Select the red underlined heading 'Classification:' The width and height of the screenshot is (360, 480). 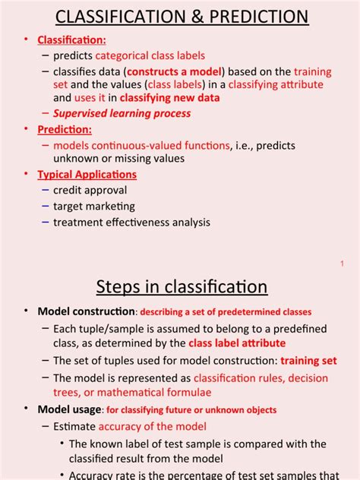click(74, 39)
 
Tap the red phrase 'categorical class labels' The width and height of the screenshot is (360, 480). click(150, 55)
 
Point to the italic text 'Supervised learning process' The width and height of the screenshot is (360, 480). click(122, 113)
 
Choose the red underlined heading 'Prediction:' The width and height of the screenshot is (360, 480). click(65, 129)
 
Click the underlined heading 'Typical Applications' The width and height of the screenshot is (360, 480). click(87, 174)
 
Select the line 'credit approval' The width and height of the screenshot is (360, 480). click(90, 190)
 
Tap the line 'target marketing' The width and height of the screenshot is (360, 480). click(93, 206)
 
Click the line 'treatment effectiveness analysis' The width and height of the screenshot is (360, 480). click(131, 222)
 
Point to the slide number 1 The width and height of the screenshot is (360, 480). click(343, 263)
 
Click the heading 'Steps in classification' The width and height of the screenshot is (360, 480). click(182, 286)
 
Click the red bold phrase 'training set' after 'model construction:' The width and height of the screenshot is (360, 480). click(308, 361)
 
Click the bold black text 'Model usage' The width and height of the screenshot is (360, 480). click(69, 409)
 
